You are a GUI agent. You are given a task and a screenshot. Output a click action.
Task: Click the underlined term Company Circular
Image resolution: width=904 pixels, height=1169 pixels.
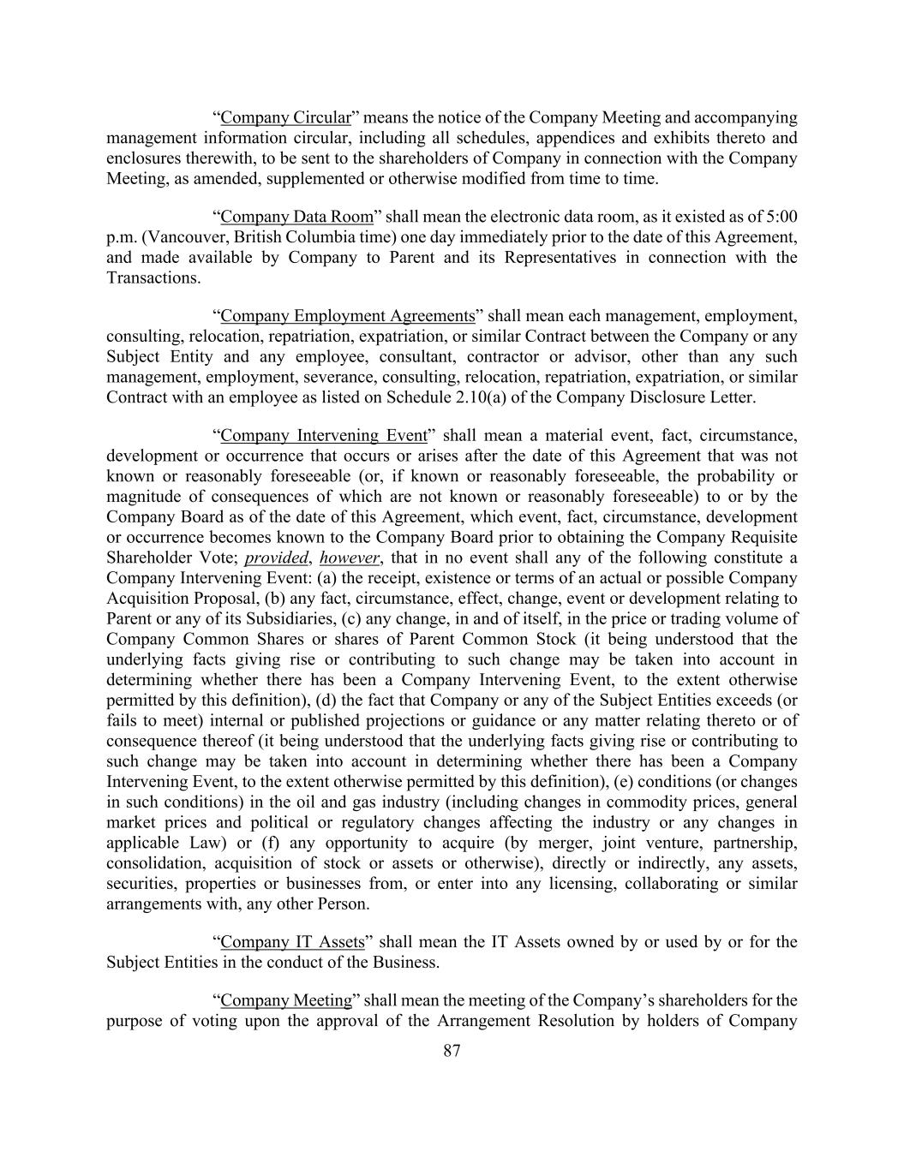tap(285, 118)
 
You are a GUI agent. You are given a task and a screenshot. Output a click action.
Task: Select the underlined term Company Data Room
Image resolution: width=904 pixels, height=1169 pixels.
tap(296, 217)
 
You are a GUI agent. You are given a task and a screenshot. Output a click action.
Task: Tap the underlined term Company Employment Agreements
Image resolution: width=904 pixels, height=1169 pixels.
tap(347, 316)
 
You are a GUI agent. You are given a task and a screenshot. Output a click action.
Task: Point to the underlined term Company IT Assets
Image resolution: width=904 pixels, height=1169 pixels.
tap(292, 942)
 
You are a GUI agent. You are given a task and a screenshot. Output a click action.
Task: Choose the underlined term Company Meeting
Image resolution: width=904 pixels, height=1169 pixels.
tap(286, 1000)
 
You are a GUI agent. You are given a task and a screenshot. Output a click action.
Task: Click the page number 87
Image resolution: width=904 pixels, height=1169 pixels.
tap(452, 1052)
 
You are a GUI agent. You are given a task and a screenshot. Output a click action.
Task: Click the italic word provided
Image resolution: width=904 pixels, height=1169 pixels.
tap(275, 558)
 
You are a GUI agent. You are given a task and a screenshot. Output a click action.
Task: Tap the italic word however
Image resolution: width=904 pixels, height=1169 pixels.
tap(349, 558)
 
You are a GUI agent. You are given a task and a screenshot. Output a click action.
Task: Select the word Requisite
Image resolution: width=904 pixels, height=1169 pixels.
tap(762, 538)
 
